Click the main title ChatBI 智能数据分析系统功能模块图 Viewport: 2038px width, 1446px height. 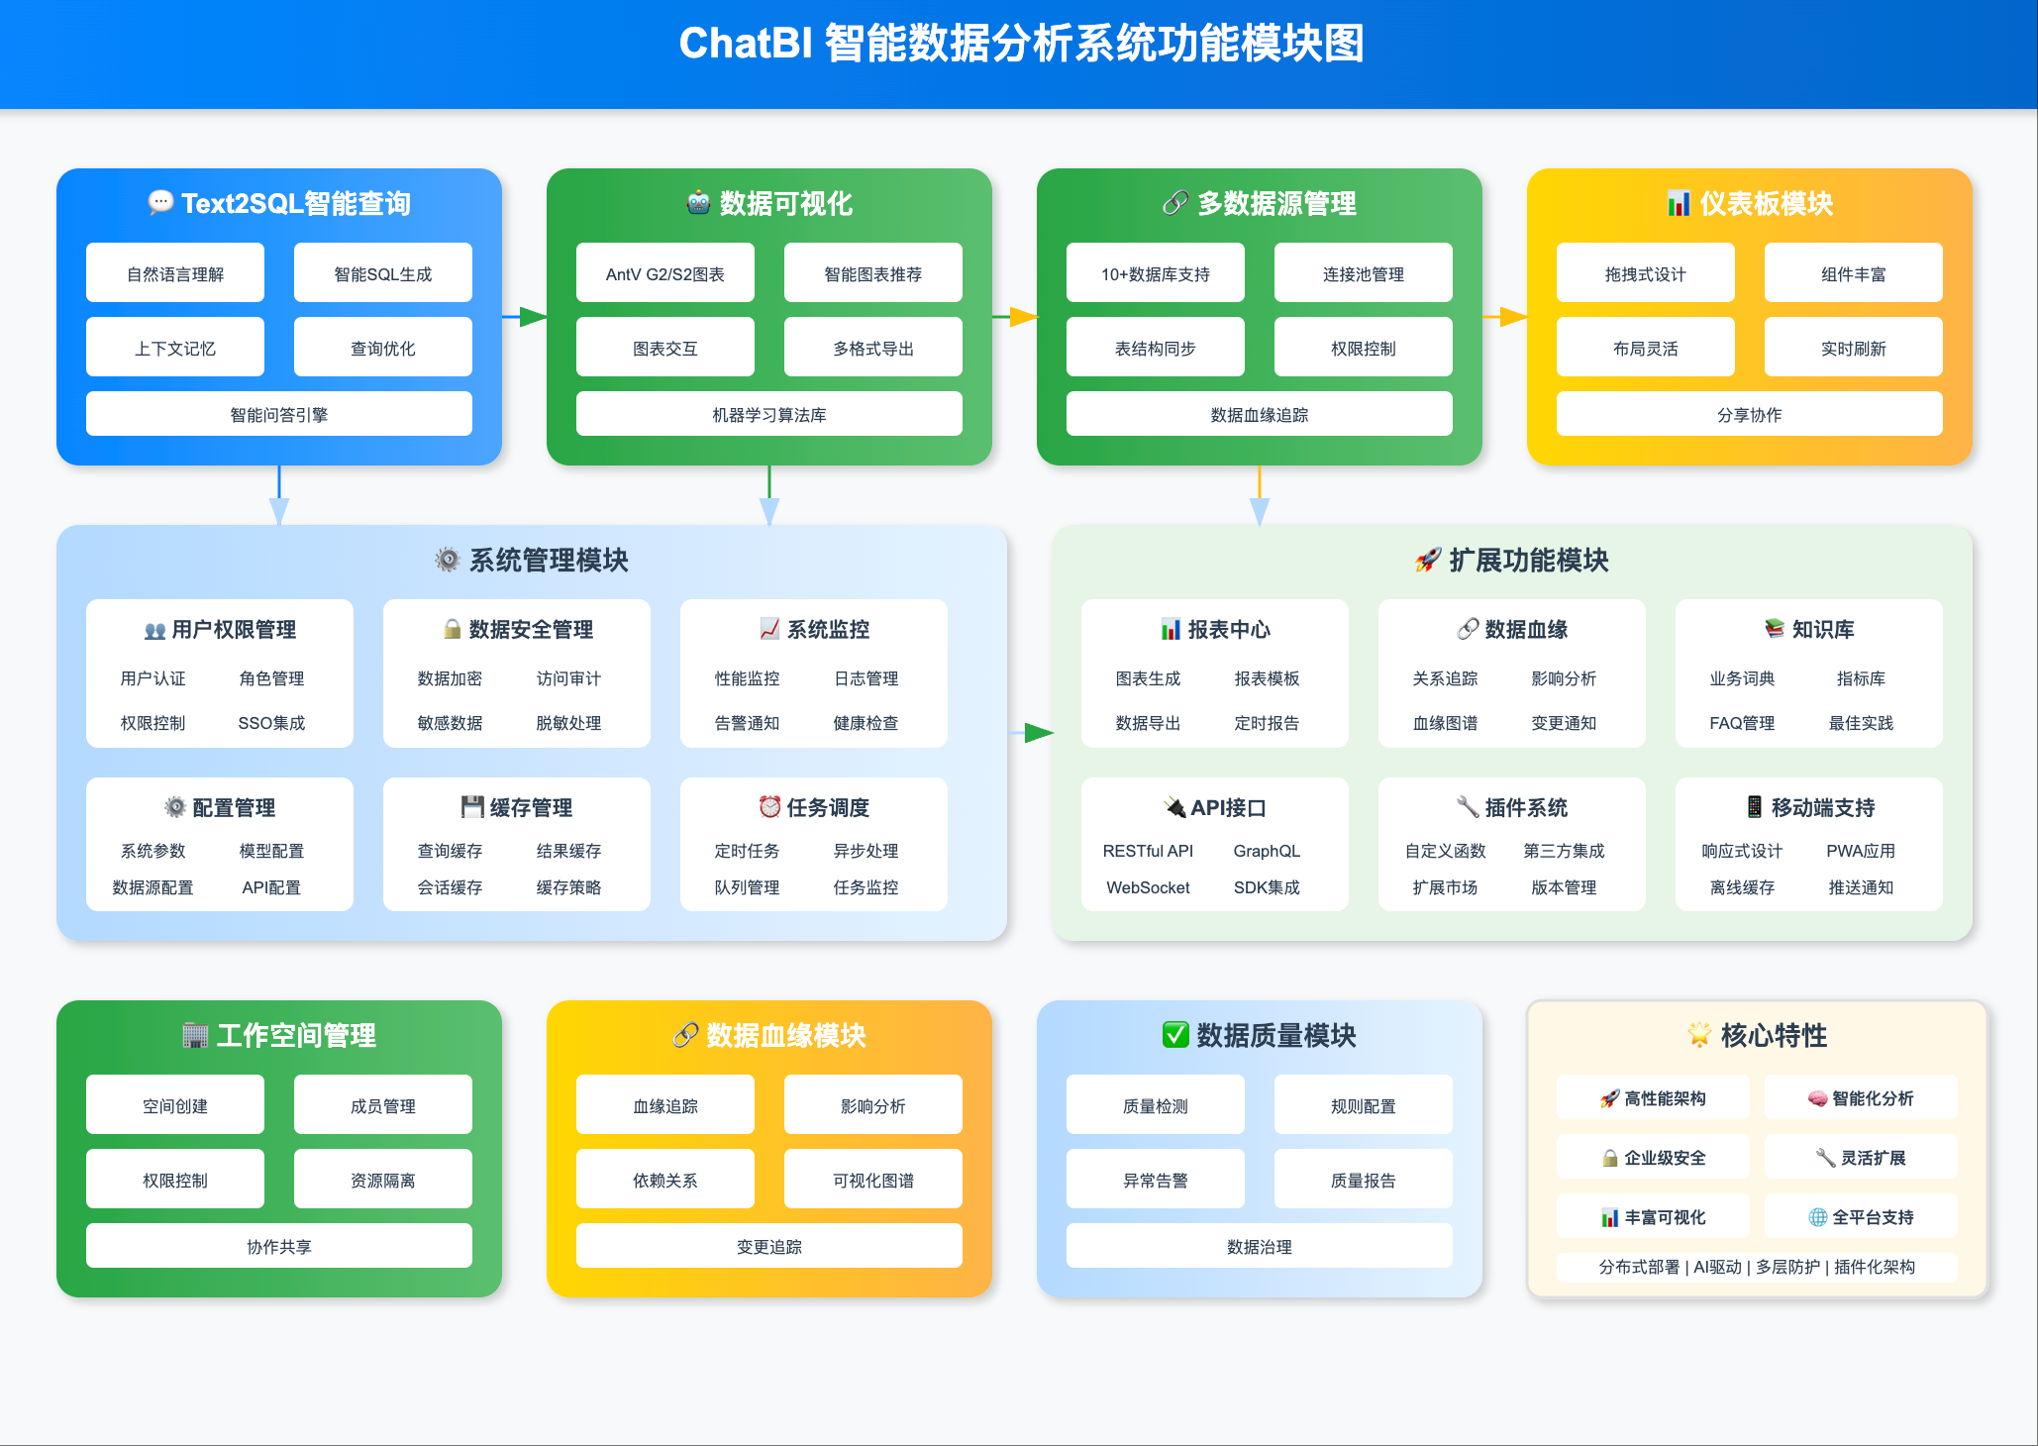[1021, 45]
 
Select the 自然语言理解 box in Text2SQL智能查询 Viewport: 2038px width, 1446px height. [175, 273]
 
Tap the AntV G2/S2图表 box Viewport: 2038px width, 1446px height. [664, 273]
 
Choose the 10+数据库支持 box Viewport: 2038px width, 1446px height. [1155, 273]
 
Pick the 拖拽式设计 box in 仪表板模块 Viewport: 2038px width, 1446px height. [1645, 273]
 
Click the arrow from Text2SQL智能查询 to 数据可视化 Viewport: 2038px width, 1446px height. [525, 317]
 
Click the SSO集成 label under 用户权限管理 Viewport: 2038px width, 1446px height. [271, 723]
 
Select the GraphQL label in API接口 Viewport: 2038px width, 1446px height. [1267, 851]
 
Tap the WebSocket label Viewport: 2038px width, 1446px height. [1148, 887]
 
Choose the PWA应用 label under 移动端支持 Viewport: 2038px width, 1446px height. [1860, 851]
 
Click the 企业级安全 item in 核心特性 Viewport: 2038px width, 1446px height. [1654, 1158]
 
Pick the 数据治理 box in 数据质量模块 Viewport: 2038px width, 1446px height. [1259, 1246]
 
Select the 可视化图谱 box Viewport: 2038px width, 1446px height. [872, 1180]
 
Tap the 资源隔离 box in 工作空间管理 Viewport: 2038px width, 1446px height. [382, 1180]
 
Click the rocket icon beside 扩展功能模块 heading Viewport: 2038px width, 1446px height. [1427, 561]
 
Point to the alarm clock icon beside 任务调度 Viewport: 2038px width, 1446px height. [769, 807]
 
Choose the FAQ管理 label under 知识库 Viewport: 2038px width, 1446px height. [1741, 723]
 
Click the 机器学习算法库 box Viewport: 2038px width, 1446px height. [768, 414]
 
